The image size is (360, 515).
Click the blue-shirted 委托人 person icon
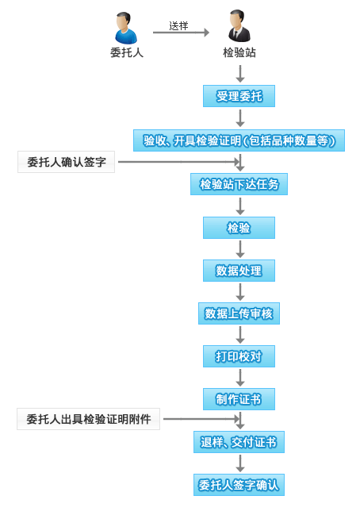(x=126, y=28)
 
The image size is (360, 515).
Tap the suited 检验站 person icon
(x=239, y=26)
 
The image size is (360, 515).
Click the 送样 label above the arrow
(x=178, y=25)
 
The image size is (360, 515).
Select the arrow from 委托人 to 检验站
(x=181, y=33)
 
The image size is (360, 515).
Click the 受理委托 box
(x=239, y=96)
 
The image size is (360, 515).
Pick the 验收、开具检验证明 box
(x=239, y=140)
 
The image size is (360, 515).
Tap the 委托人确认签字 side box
(x=67, y=162)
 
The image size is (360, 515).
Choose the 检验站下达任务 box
(x=239, y=184)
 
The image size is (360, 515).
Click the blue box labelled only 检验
(x=239, y=228)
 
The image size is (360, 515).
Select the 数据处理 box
(x=239, y=271)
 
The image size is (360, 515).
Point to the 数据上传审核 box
(x=239, y=313)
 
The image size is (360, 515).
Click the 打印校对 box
(x=239, y=356)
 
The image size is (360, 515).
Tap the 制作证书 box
(x=239, y=399)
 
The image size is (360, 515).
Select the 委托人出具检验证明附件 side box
(x=89, y=419)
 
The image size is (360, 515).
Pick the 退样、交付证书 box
(x=239, y=442)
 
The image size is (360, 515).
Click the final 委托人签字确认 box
(x=239, y=485)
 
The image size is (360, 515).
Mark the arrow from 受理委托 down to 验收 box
(x=240, y=118)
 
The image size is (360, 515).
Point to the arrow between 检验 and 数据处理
(x=240, y=249)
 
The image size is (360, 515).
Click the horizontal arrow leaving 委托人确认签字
(x=179, y=162)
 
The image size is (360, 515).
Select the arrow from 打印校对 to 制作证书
(x=240, y=378)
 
